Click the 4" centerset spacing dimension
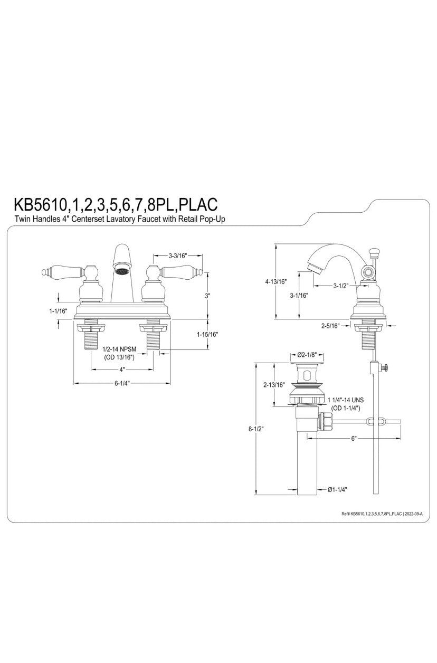click(x=121, y=370)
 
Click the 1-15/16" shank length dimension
click(x=208, y=334)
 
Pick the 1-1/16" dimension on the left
click(x=58, y=312)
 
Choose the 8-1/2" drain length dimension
click(x=257, y=429)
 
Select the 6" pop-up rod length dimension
click(x=354, y=438)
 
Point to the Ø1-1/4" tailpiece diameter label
click(x=337, y=490)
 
